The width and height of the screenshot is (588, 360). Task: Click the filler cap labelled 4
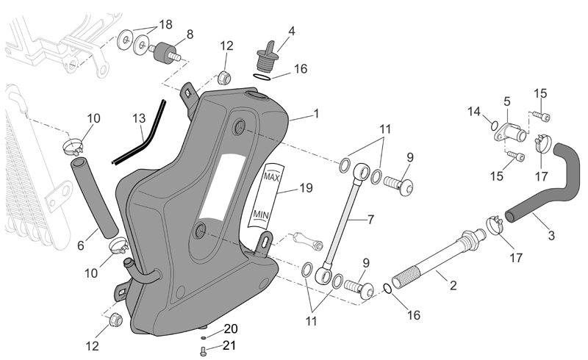pos(267,56)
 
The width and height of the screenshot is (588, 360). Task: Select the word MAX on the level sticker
pos(272,176)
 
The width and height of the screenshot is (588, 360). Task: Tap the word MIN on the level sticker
pos(261,215)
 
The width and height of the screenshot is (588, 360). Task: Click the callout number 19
pos(306,188)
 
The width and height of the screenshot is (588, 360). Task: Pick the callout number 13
pos(139,118)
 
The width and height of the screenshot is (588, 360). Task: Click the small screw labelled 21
pos(204,351)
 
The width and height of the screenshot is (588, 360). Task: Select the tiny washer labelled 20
pos(204,338)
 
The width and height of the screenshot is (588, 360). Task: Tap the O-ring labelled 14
pos(495,125)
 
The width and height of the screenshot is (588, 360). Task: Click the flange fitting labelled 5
pos(511,132)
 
